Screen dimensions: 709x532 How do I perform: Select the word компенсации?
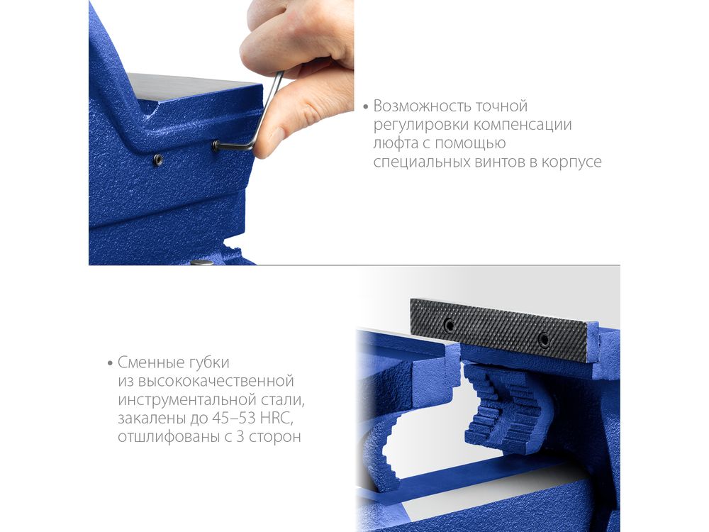coord(523,126)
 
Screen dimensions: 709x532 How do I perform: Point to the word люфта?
coord(394,143)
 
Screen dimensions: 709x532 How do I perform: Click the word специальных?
coord(421,162)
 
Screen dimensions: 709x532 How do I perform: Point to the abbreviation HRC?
coord(277,419)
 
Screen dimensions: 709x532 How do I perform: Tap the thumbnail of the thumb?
coord(274,138)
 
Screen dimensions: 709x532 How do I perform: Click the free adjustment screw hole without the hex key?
coord(157,160)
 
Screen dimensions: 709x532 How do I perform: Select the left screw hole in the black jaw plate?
coord(449,324)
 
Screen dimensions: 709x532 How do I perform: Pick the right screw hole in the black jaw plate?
coord(545,339)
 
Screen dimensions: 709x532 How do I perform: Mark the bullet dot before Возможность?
coord(366,107)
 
